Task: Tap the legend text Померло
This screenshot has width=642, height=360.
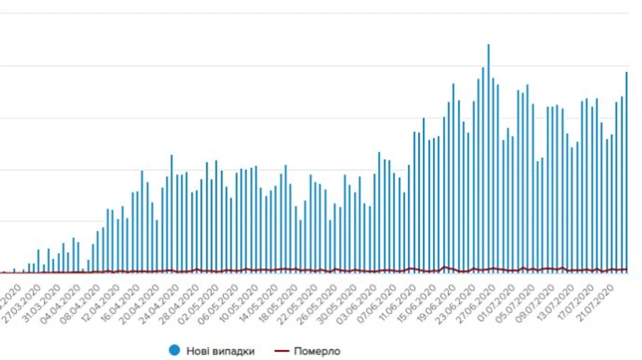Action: pyautogui.click(x=317, y=351)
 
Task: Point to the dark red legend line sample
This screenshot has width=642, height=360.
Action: pyautogui.click(x=283, y=351)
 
